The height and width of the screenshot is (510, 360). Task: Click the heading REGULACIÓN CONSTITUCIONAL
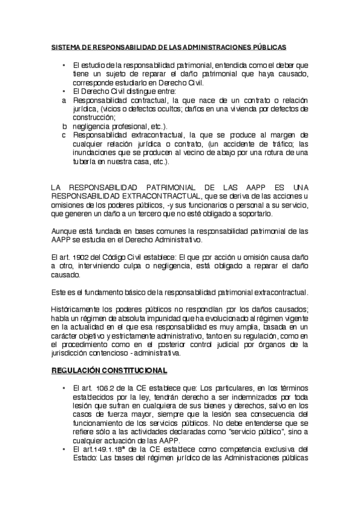coord(108,370)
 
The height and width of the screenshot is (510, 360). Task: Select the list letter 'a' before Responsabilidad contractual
coord(64,100)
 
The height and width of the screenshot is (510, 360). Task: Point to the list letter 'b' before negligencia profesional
coord(64,126)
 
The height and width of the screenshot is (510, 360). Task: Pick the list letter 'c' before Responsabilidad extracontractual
coord(64,135)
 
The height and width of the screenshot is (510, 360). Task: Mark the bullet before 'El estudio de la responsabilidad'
coord(64,64)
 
